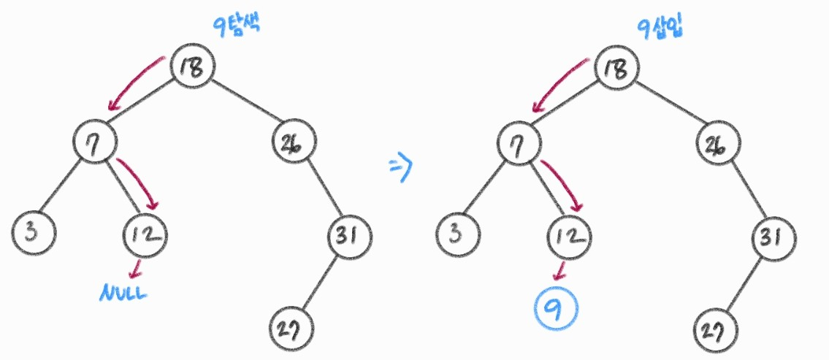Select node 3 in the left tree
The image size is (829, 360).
pos(32,233)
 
